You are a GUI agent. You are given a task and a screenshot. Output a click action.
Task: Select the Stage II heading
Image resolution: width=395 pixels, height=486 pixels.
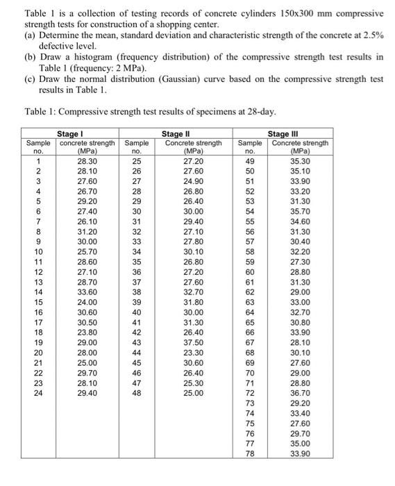176,133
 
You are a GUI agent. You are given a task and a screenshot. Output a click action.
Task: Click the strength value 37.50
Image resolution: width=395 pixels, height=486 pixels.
194,342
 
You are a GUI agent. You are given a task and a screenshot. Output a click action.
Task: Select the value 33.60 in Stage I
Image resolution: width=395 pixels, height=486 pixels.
87,293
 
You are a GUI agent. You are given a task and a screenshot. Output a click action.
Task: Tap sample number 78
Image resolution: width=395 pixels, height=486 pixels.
251,454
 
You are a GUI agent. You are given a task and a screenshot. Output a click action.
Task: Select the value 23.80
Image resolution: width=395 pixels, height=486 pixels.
87,333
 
